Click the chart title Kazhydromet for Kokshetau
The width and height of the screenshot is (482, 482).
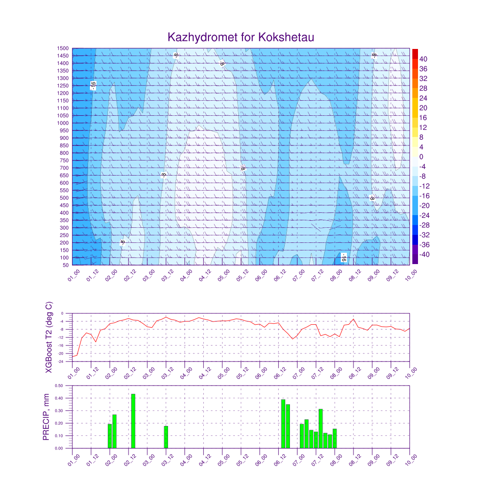click(x=241, y=37)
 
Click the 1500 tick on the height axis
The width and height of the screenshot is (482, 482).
click(x=64, y=48)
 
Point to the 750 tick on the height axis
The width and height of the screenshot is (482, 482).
click(x=64, y=161)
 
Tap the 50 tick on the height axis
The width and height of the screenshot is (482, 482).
click(x=65, y=265)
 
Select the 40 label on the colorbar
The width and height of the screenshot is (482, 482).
click(x=423, y=59)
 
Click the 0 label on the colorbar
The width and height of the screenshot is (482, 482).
click(x=421, y=157)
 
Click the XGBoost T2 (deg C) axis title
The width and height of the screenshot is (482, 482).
click(x=48, y=337)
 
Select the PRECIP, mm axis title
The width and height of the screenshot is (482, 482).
click(x=46, y=417)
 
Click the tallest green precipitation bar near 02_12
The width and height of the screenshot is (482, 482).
click(x=133, y=421)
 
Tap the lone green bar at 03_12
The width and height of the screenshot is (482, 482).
click(x=166, y=437)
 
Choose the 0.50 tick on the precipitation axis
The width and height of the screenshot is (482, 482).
click(x=59, y=386)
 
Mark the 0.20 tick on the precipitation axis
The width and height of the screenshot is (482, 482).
click(x=59, y=423)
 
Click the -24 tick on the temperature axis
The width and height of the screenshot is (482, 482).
click(x=61, y=361)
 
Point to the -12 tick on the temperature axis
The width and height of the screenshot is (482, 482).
click(x=61, y=337)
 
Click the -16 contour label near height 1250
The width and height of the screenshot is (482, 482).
click(x=93, y=85)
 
